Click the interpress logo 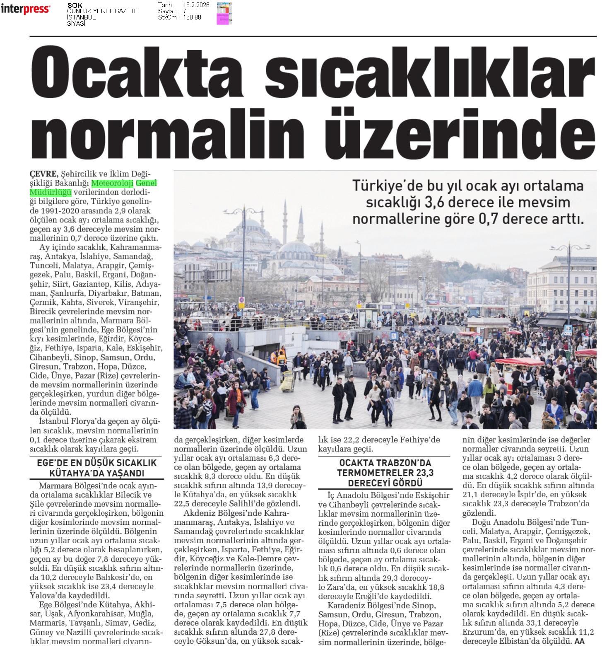(26, 9)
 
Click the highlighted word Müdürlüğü (51, 193)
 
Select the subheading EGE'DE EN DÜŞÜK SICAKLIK (97, 463)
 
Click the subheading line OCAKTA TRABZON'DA (385, 463)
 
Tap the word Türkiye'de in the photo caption (385, 186)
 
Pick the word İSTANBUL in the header (81, 17)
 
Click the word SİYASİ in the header (76, 24)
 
